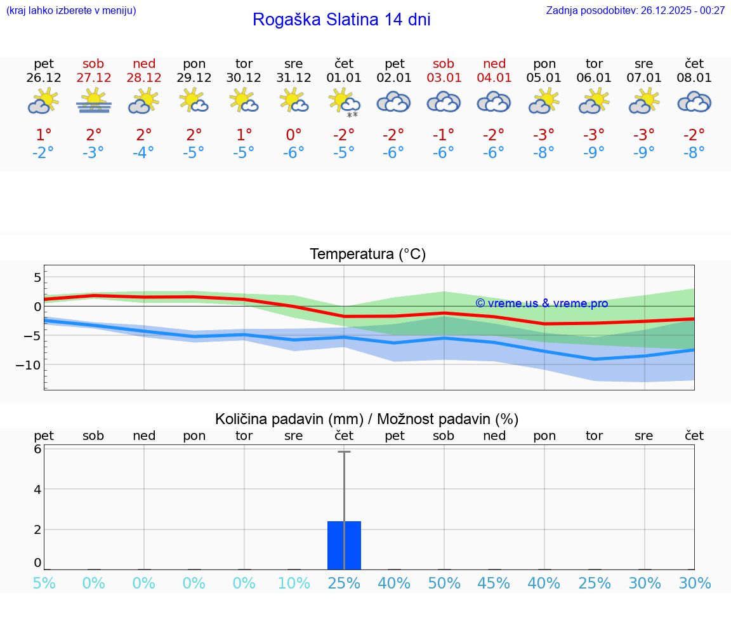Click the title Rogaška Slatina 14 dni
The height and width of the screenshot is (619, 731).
[341, 20]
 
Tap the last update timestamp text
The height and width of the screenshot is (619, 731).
[635, 10]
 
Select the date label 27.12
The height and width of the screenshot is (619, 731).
[93, 77]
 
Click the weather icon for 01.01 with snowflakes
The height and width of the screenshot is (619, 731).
[344, 103]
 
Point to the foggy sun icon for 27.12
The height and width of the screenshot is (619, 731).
[93, 102]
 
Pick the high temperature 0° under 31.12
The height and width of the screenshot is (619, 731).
[294, 135]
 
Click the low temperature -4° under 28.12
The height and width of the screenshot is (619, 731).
[143, 152]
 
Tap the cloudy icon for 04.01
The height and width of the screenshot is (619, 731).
[494, 102]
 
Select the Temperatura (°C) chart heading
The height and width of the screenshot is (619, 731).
[367, 254]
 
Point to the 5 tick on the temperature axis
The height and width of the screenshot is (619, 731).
[37, 277]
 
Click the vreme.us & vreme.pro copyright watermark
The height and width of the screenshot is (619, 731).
[541, 303]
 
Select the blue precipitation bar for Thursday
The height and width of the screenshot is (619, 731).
[344, 545]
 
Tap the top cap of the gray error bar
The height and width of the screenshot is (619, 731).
[344, 451]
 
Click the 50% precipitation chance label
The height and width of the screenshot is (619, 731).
[444, 583]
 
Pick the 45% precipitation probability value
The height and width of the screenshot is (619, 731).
[494, 583]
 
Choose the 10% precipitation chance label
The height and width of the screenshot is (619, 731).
[294, 583]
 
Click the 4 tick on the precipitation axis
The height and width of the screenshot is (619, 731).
[37, 489]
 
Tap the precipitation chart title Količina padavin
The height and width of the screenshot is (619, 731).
[366, 419]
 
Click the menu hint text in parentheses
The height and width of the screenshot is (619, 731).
[70, 10]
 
